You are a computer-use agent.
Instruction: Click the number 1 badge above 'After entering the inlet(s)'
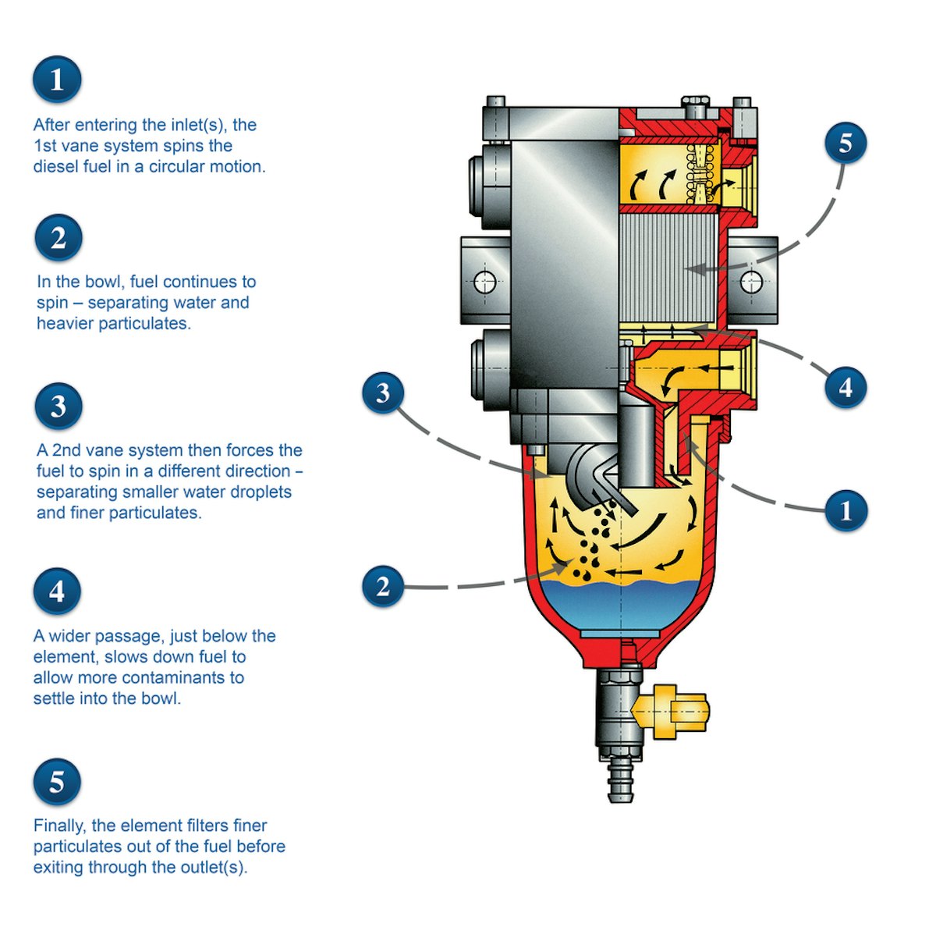click(x=57, y=80)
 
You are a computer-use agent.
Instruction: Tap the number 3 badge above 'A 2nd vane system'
click(x=58, y=406)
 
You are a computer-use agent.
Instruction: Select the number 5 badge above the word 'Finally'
click(x=57, y=782)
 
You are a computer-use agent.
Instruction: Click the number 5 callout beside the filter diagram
click(x=846, y=143)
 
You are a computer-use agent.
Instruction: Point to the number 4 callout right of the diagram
click(x=846, y=387)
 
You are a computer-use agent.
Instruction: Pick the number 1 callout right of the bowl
click(x=846, y=510)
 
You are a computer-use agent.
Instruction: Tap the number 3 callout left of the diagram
click(x=383, y=393)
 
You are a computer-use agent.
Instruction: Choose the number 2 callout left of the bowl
click(x=383, y=586)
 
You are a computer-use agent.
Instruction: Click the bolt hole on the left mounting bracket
click(x=485, y=281)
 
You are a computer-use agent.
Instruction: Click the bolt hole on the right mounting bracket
click(x=751, y=281)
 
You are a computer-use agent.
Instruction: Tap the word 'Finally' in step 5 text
click(x=61, y=826)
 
